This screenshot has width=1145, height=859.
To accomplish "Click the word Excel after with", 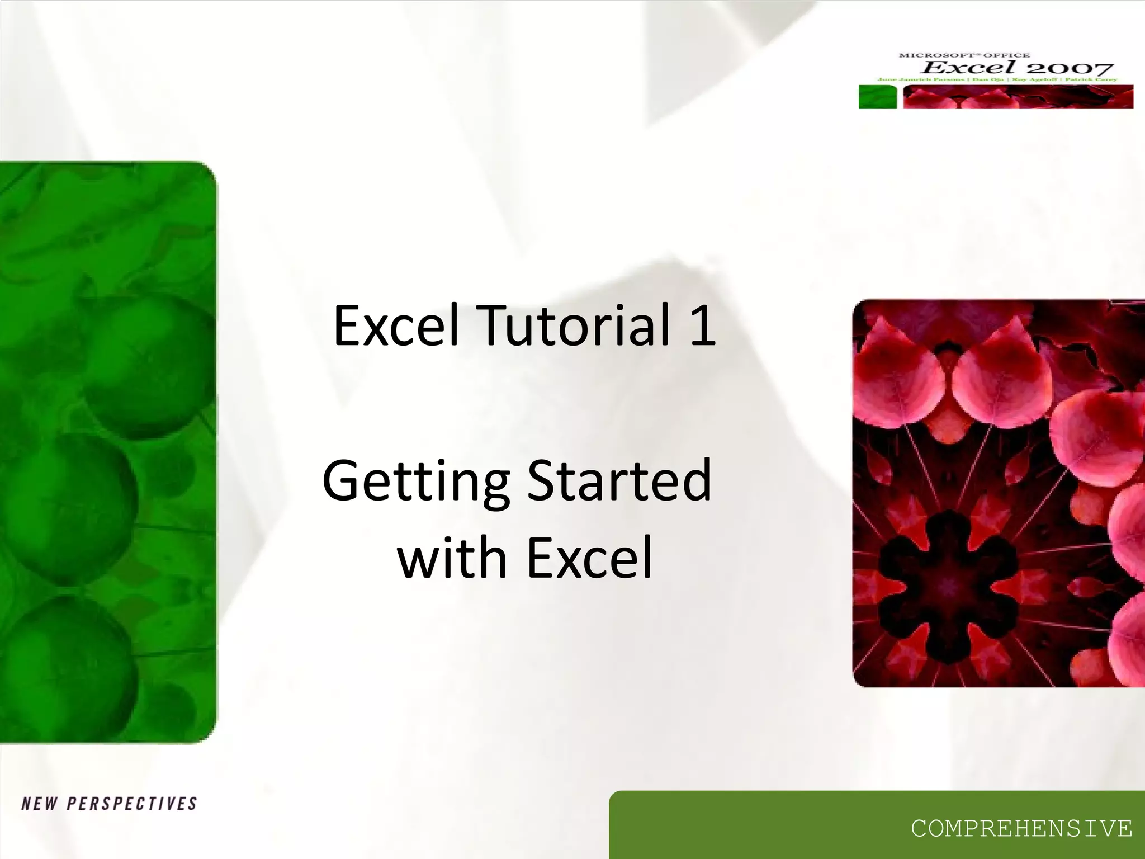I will (589, 558).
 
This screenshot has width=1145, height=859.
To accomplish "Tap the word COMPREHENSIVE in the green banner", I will (1021, 828).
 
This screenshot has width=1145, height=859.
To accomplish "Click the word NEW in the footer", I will (39, 804).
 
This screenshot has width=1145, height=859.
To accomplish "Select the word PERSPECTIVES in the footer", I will (132, 804).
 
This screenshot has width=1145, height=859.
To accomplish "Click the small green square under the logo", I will (877, 97).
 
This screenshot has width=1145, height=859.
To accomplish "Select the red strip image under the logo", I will (1018, 97).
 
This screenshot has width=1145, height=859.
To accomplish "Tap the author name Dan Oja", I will (988, 79).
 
